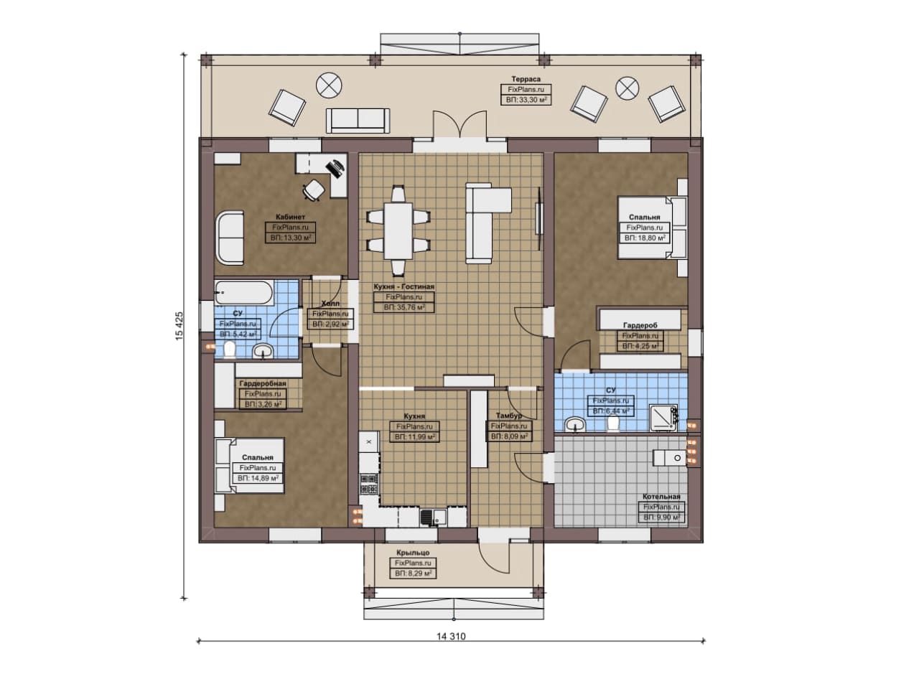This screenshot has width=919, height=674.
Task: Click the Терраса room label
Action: point(526,79)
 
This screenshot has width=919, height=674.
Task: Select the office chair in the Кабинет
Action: point(314,190)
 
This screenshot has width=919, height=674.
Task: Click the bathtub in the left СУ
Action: point(243,292)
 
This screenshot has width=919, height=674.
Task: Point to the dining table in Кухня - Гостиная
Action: point(398,231)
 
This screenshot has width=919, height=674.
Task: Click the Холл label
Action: point(330,304)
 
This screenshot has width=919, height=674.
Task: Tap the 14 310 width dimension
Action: point(451,636)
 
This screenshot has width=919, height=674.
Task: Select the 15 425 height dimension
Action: point(179,326)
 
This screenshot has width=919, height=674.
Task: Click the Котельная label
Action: point(661,497)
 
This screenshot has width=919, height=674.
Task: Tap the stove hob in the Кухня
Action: point(369,484)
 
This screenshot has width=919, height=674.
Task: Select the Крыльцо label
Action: point(413,553)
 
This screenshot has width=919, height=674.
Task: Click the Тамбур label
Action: point(509,416)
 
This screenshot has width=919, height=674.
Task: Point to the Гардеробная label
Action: point(263,383)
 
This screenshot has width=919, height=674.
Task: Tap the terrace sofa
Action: point(358,121)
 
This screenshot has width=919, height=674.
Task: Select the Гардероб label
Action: point(640,325)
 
